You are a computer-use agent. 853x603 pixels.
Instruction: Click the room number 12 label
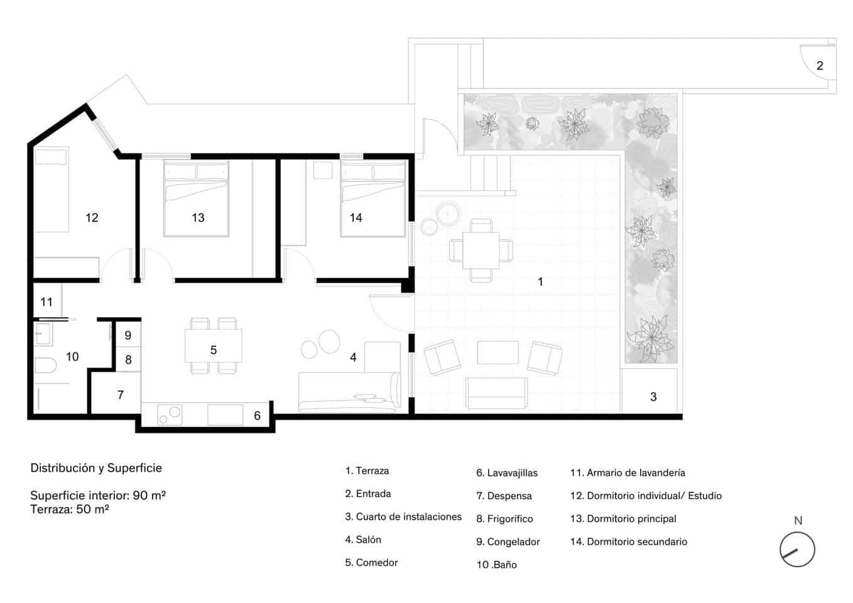pos(92,218)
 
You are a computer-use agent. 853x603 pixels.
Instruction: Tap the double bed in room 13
pos(196,198)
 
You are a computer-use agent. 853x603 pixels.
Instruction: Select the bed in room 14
pos(373,198)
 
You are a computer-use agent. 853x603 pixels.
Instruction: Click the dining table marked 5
pos(213,346)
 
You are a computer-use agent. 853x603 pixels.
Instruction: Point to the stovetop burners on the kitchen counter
pos(169,414)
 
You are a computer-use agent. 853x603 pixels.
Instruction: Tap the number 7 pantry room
pos(120,395)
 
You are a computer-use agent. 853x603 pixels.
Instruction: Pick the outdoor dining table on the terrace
pos(481,250)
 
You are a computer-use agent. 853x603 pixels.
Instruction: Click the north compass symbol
pos(797,550)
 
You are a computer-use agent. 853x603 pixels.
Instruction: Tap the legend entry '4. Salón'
pos(363,540)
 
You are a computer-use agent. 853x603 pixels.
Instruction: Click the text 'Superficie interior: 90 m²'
pos(98,495)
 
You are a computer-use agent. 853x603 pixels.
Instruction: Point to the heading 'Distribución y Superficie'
pos(96,468)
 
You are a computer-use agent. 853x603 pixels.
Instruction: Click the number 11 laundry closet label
pos(46,302)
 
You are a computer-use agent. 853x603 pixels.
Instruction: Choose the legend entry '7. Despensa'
pos(504,496)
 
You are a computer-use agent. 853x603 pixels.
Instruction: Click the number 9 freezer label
pos(128,335)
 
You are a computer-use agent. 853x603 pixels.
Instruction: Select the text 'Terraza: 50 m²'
pos(70,509)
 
